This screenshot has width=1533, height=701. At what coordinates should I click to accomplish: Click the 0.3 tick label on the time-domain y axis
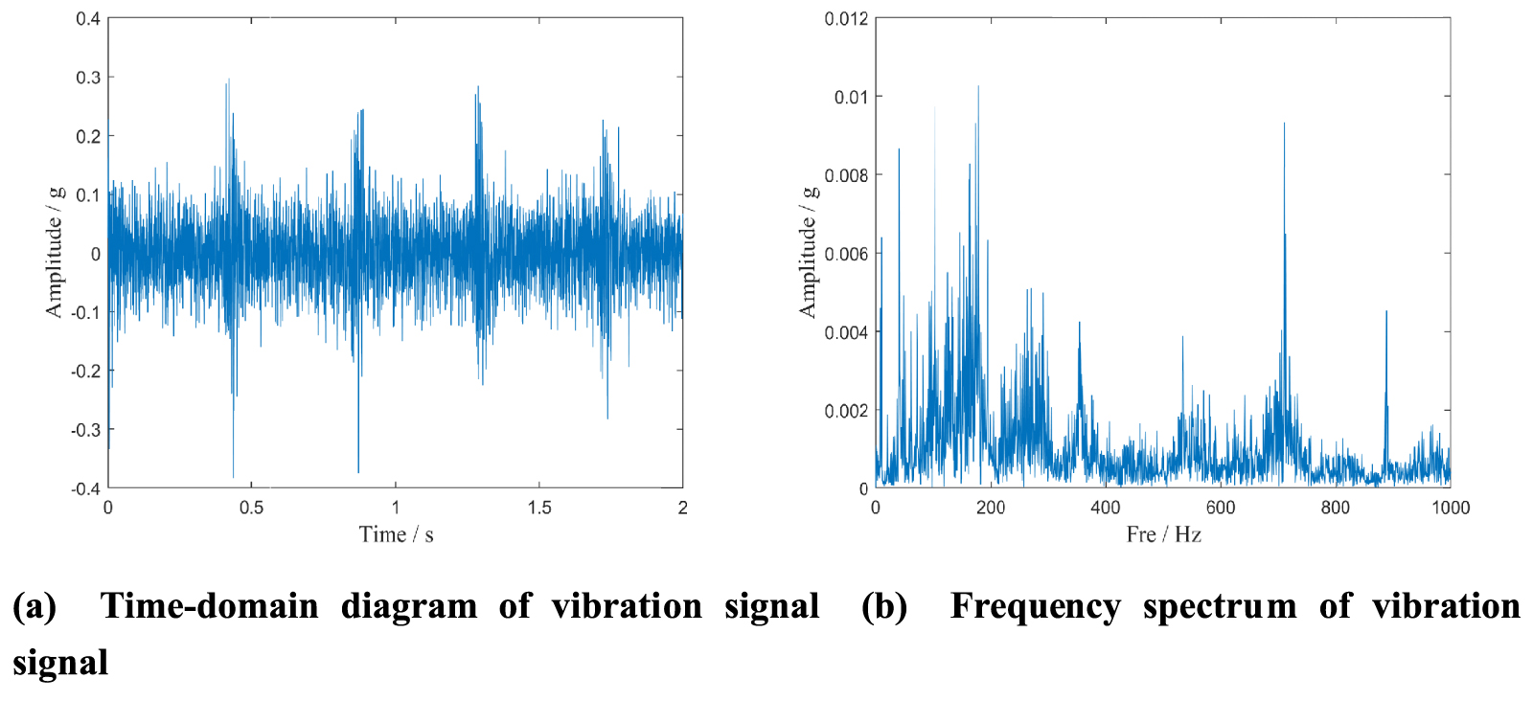pyautogui.click(x=88, y=78)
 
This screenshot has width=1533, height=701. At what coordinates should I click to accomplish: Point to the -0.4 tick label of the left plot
pyautogui.click(x=85, y=488)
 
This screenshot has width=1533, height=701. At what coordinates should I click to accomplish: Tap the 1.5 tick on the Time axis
pyautogui.click(x=539, y=508)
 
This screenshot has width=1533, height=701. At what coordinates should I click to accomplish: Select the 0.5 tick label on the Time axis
pyautogui.click(x=251, y=508)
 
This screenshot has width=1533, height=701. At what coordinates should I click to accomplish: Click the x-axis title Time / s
pyautogui.click(x=396, y=534)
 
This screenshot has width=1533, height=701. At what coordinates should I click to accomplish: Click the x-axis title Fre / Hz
pyautogui.click(x=1163, y=534)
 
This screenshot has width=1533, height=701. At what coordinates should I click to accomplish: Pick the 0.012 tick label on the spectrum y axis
pyautogui.click(x=846, y=19)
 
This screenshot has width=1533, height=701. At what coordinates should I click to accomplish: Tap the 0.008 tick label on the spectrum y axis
pyautogui.click(x=846, y=175)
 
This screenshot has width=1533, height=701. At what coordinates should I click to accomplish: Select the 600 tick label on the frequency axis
pyautogui.click(x=1220, y=508)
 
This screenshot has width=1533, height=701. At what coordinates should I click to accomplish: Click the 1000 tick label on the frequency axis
pyautogui.click(x=1450, y=508)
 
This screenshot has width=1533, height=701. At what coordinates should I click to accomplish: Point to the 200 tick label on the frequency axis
pyautogui.click(x=990, y=508)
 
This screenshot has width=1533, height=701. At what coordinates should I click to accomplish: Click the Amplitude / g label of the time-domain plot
pyautogui.click(x=54, y=252)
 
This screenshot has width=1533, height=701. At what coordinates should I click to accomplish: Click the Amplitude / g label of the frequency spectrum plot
pyautogui.click(x=808, y=252)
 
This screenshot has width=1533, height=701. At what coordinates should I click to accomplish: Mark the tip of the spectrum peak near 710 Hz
pyautogui.click(x=1284, y=124)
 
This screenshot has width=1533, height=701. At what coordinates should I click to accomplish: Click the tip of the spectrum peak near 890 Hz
pyautogui.click(x=1385, y=311)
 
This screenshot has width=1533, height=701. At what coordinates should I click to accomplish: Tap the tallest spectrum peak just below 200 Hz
pyautogui.click(x=978, y=87)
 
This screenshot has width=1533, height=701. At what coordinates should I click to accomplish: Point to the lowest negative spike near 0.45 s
pyautogui.click(x=233, y=476)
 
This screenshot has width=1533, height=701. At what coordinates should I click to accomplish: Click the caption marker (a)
pyautogui.click(x=34, y=606)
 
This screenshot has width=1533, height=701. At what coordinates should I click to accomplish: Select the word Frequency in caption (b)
pyautogui.click(x=1035, y=606)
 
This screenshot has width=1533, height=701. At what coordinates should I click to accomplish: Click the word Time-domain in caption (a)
pyautogui.click(x=209, y=606)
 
